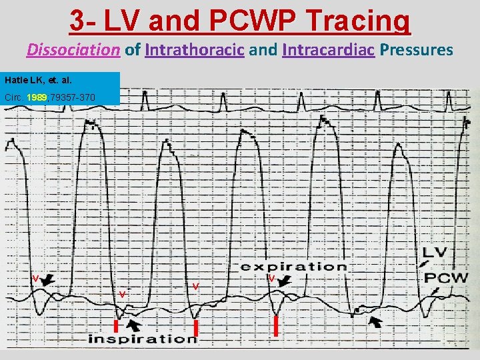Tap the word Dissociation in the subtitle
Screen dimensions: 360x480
point(74,49)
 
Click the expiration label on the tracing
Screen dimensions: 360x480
point(293,267)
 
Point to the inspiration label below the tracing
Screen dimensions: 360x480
point(143,339)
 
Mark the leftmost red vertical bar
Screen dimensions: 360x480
point(115,326)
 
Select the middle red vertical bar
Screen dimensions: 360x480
point(196,327)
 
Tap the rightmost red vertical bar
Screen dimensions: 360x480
point(276,326)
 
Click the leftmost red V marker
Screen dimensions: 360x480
point(35,277)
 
